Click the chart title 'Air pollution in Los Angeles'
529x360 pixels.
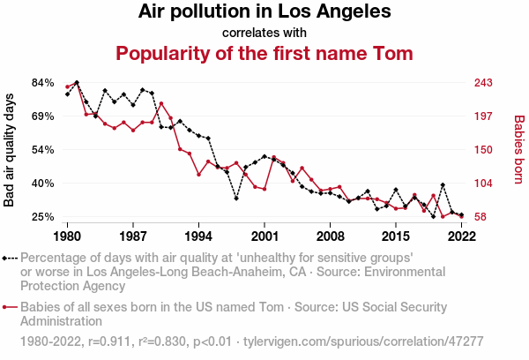[264, 12]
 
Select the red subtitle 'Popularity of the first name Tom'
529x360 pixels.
[264, 54]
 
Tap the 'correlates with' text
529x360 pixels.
[264, 33]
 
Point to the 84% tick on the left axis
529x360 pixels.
[43, 83]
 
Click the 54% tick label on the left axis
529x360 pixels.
[43, 150]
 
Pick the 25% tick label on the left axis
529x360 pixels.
[43, 217]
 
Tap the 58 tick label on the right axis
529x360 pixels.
[481, 217]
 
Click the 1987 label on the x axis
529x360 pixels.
[133, 236]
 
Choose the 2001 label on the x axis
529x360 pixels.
[264, 236]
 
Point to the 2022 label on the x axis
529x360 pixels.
[461, 236]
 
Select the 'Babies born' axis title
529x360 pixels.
[518, 150]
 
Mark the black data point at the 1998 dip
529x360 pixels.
[236, 198]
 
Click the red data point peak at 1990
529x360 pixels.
[160, 104]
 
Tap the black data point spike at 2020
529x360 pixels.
[443, 184]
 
